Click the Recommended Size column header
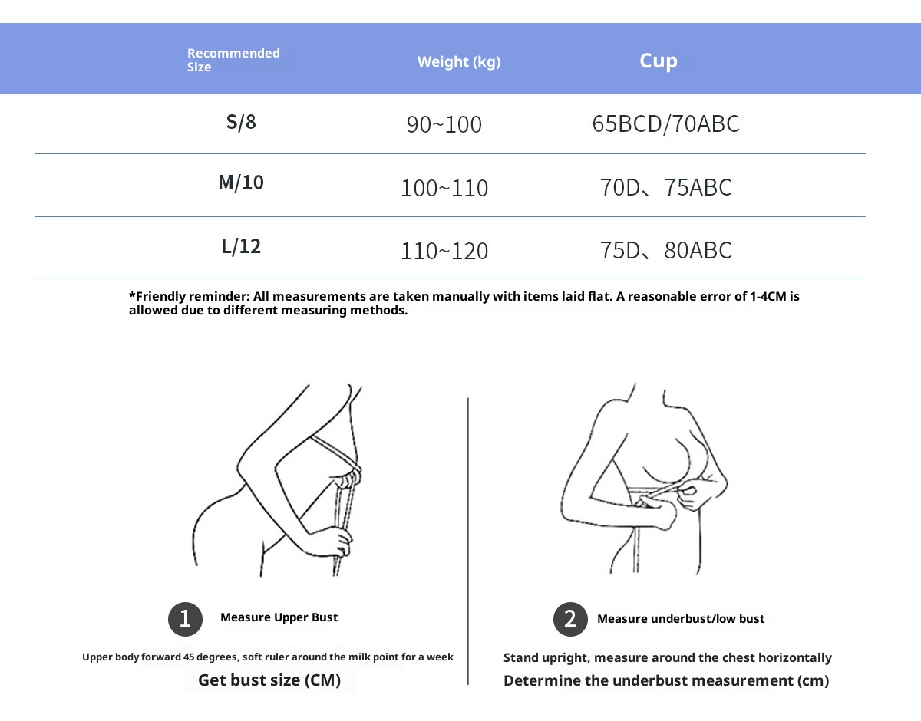pyautogui.click(x=233, y=60)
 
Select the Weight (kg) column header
pyautogui.click(x=459, y=61)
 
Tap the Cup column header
pyautogui.click(x=659, y=61)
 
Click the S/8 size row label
pyautogui.click(x=241, y=122)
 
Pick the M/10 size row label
pyautogui.click(x=241, y=183)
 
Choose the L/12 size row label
pyautogui.click(x=241, y=246)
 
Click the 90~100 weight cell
pyautogui.click(x=444, y=124)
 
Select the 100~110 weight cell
pyautogui.click(x=444, y=188)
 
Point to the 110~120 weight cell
pyautogui.click(x=444, y=251)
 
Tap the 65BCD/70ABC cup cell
pyautogui.click(x=666, y=123)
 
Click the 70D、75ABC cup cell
pyautogui.click(x=666, y=187)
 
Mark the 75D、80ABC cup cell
pyautogui.click(x=666, y=250)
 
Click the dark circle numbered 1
pyautogui.click(x=185, y=619)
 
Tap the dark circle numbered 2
pyautogui.click(x=570, y=619)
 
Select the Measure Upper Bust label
pyautogui.click(x=279, y=617)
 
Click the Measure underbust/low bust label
pyautogui.click(x=681, y=619)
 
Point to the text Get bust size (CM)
pyautogui.click(x=269, y=680)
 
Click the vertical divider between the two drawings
pyautogui.click(x=468, y=537)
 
